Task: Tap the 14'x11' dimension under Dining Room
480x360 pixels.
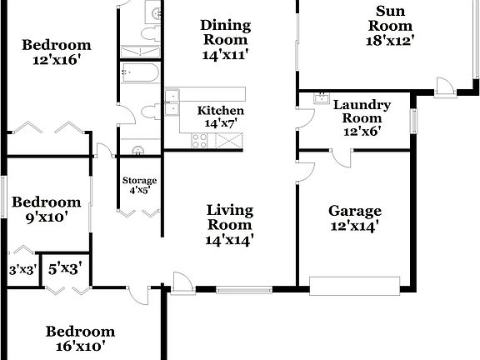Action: [x=224, y=55]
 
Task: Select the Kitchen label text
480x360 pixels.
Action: [x=220, y=111]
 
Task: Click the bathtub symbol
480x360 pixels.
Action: [x=140, y=74]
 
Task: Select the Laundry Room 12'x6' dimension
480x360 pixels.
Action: [x=362, y=132]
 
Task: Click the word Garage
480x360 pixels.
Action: [x=354, y=211]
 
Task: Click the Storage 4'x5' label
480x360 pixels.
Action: [x=139, y=186]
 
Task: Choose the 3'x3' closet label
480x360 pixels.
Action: [x=22, y=269]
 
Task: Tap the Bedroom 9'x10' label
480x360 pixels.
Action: [x=46, y=209]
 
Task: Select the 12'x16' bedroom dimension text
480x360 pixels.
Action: [x=57, y=61]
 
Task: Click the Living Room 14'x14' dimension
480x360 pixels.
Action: [x=229, y=240]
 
